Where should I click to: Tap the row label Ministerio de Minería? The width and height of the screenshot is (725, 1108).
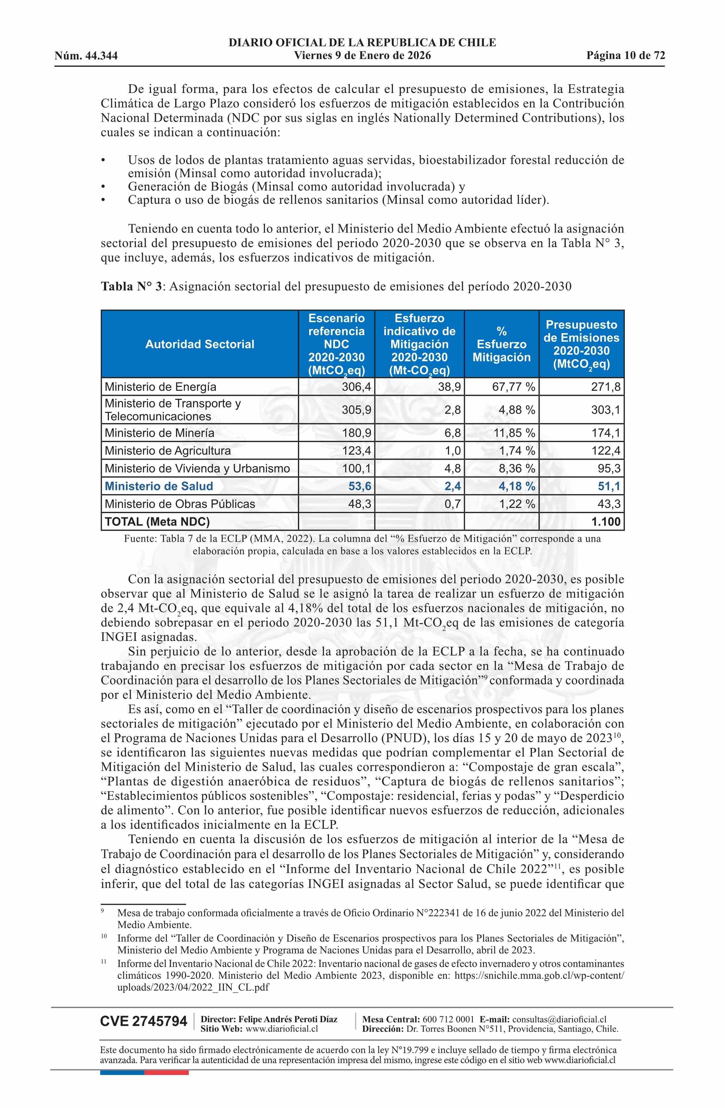click(x=159, y=433)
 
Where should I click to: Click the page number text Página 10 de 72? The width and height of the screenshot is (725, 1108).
click(x=625, y=56)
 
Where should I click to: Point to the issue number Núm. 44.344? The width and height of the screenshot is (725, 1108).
click(x=86, y=56)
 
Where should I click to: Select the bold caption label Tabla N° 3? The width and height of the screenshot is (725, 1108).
click(x=131, y=286)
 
